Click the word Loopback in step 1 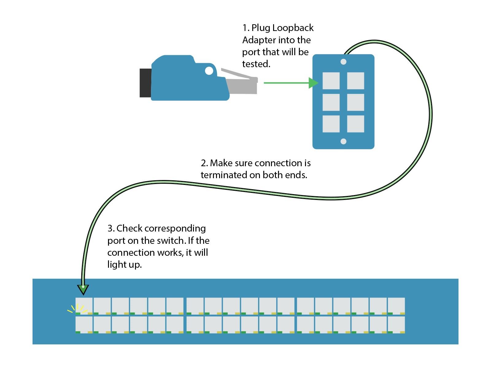[x=293, y=28]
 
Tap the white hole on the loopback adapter [x=209, y=71]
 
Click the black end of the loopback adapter [x=145, y=83]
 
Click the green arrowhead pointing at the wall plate [x=313, y=83]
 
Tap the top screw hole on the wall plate [x=343, y=62]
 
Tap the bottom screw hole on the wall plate [x=343, y=141]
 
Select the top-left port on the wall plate [x=331, y=81]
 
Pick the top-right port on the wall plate [x=355, y=81]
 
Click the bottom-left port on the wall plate [x=331, y=124]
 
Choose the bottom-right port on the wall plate [x=355, y=124]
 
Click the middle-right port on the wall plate [x=355, y=102]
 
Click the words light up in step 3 [x=124, y=265]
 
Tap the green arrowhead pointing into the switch [x=83, y=289]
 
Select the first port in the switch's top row [x=84, y=305]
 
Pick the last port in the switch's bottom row [x=396, y=324]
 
